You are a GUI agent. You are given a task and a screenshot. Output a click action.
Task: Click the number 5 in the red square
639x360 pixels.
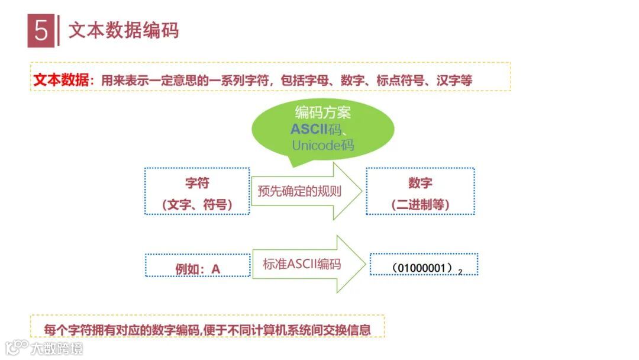41,31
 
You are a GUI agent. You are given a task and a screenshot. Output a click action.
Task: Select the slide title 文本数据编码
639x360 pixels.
124,30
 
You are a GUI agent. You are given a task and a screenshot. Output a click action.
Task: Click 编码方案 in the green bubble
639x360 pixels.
322,112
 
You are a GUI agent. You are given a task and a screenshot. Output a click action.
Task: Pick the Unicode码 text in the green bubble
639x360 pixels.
322,145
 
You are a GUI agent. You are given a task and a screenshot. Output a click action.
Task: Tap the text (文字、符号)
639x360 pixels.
197,204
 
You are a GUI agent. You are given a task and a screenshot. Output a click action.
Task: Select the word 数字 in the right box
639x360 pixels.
420,182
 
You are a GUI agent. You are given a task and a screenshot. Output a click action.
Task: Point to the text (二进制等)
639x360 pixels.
420,204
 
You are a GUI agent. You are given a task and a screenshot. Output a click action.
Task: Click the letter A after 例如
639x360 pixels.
216,269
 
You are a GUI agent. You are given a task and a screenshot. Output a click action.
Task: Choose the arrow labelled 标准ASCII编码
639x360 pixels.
302,264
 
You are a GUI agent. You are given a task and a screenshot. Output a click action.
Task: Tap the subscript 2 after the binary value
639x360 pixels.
460,272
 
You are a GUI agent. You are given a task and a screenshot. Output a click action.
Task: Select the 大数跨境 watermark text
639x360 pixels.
57,348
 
